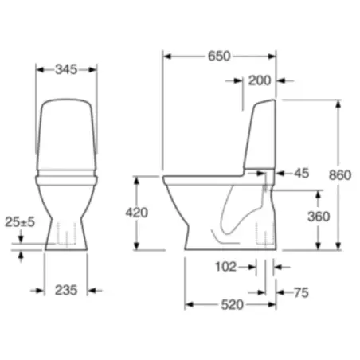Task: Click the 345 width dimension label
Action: click(x=67, y=70)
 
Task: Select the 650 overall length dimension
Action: click(x=220, y=56)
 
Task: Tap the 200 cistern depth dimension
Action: click(x=259, y=80)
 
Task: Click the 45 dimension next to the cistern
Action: click(x=301, y=172)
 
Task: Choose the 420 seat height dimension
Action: click(x=136, y=213)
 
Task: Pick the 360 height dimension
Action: click(x=318, y=216)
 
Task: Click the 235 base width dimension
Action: click(x=67, y=290)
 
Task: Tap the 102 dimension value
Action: click(x=227, y=267)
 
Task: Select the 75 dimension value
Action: click(x=299, y=293)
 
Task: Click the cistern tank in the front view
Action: click(x=67, y=131)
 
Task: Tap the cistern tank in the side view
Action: click(x=261, y=135)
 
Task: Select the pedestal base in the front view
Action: click(x=67, y=231)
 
